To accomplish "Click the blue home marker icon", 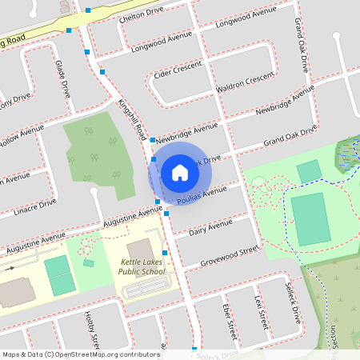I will click(179, 172).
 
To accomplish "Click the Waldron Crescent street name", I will click(245, 81).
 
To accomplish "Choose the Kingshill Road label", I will click(131, 118).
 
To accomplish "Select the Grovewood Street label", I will click(230, 256).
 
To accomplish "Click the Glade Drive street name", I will click(62, 76).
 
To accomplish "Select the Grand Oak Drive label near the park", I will click(290, 135).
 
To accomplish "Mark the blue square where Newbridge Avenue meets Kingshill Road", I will click(152, 140).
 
